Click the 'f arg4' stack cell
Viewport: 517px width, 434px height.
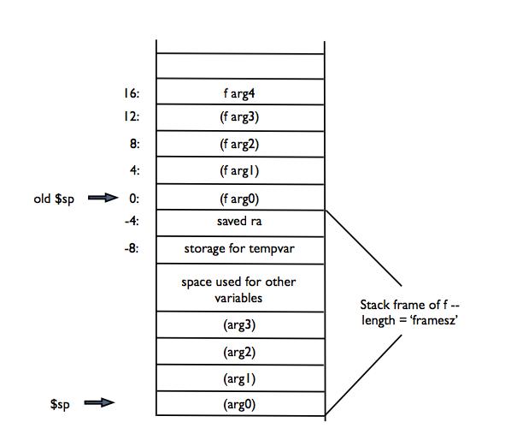[239, 92]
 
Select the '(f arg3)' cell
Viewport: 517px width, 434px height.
[239, 117]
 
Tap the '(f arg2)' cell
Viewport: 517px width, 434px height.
[239, 144]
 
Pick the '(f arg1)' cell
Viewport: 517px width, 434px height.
[239, 170]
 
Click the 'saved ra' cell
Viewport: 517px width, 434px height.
[239, 223]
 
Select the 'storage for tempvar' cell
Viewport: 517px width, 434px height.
[239, 249]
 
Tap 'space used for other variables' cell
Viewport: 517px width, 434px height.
[239, 289]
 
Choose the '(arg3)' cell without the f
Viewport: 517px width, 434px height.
[239, 325]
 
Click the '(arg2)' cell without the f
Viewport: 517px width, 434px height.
[239, 352]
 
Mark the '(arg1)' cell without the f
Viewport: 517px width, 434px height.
[239, 378]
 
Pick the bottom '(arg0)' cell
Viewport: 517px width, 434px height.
[239, 403]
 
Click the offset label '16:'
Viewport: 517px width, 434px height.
[132, 92]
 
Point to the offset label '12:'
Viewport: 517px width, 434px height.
[132, 117]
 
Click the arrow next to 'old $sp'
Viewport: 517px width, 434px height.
[101, 199]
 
